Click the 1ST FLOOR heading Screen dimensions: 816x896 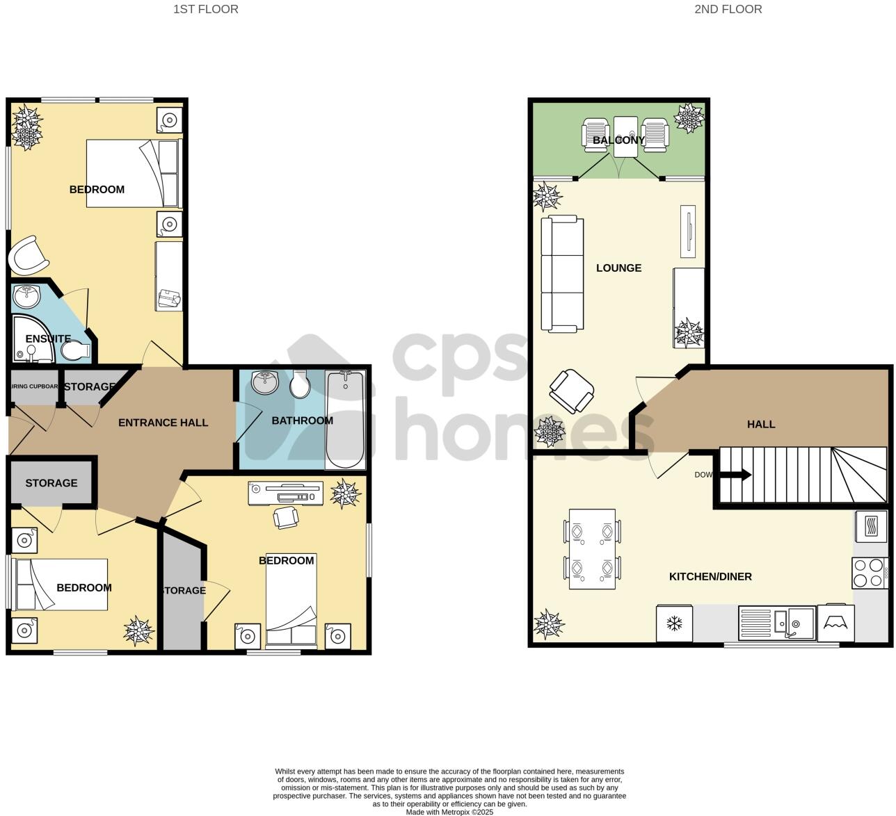205,9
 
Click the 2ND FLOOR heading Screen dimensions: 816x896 728,9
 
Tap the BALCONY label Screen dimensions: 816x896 618,140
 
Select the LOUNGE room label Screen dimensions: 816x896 618,268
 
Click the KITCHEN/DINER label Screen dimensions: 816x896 710,577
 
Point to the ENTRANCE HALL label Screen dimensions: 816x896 163,423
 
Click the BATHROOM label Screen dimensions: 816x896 302,421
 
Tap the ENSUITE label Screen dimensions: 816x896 48,339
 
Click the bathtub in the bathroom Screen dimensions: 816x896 344,420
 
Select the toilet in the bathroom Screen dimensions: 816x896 300,384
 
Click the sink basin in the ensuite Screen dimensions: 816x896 27,296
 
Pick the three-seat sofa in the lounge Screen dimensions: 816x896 562,274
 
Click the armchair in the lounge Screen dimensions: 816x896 571,391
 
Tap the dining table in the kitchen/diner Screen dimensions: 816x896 592,549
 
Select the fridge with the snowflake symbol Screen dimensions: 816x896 673,623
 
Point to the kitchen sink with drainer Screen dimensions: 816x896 776,623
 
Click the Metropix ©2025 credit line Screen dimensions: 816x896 449,811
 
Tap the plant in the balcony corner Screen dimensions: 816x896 689,117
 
